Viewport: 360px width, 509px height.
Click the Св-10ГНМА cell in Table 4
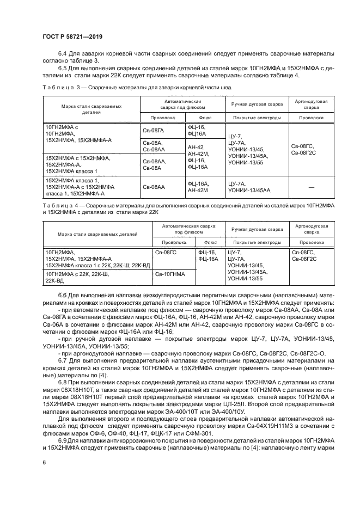pyautogui.click(x=170, y=274)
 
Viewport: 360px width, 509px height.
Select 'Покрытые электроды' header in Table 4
pyautogui.click(x=249, y=242)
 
